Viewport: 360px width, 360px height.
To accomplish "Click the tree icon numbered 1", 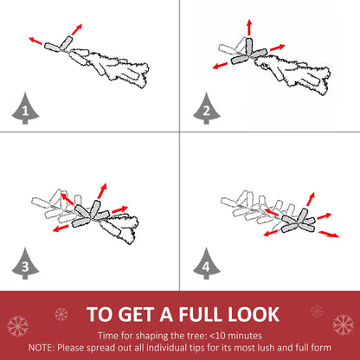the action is point(25,109).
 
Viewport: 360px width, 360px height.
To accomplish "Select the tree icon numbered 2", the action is point(207,109).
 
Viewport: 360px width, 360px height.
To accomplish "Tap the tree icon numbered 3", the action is point(25,264).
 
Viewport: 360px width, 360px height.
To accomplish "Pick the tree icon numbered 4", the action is point(207,264).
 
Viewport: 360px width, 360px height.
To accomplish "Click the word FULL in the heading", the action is point(200,314).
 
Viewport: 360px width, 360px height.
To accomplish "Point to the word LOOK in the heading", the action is point(254,314).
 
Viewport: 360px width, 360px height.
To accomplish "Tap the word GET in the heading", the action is point(137,314).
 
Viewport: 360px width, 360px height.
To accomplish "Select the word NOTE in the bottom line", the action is point(41,348).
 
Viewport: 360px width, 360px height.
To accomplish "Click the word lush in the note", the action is point(255,348).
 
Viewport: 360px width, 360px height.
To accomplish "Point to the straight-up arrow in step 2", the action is point(249,28).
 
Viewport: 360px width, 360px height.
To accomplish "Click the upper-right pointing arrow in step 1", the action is point(77,29).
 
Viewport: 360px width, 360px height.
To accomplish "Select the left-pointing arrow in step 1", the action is point(35,41).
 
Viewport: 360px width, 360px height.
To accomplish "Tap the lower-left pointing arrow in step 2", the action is point(220,66).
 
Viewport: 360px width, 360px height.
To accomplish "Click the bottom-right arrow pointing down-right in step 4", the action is point(329,234).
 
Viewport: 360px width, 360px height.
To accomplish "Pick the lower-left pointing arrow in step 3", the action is point(61,228).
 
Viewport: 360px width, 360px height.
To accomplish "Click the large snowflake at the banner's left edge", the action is point(18,326).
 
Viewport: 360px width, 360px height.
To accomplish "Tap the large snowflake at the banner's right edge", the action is point(343,325).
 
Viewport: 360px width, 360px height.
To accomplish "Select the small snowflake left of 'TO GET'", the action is point(61,314).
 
